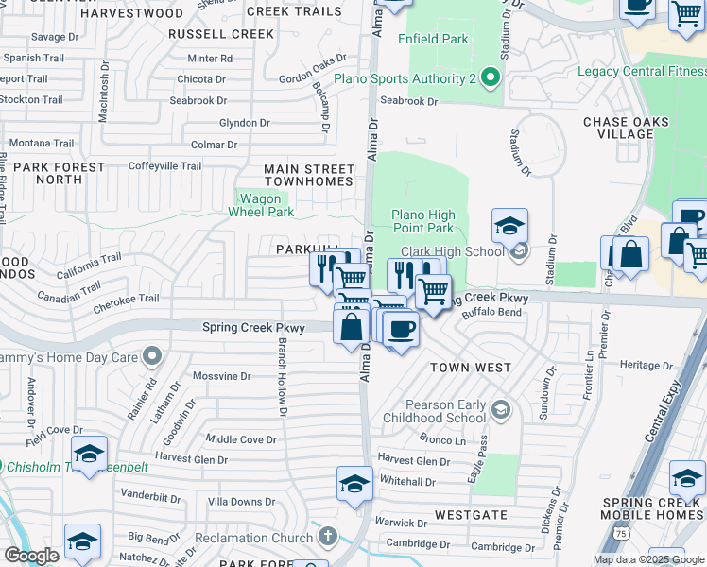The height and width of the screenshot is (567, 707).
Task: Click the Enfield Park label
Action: (x=432, y=40)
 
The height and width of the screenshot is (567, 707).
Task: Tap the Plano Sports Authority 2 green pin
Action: (x=490, y=77)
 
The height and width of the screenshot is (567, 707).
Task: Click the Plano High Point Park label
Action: (x=422, y=221)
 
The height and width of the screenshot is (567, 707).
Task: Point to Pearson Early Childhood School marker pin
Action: (x=501, y=409)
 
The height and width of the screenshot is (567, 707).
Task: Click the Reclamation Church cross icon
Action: (x=328, y=538)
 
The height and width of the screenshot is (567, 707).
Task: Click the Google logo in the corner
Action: (x=31, y=556)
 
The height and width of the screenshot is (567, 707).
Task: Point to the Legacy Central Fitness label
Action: (x=642, y=71)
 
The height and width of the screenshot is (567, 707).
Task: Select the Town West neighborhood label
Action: (x=471, y=367)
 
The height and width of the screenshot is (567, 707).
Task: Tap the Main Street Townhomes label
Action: (x=309, y=176)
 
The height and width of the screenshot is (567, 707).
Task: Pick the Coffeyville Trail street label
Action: (x=165, y=166)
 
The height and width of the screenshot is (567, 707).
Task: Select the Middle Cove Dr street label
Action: (x=241, y=439)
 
